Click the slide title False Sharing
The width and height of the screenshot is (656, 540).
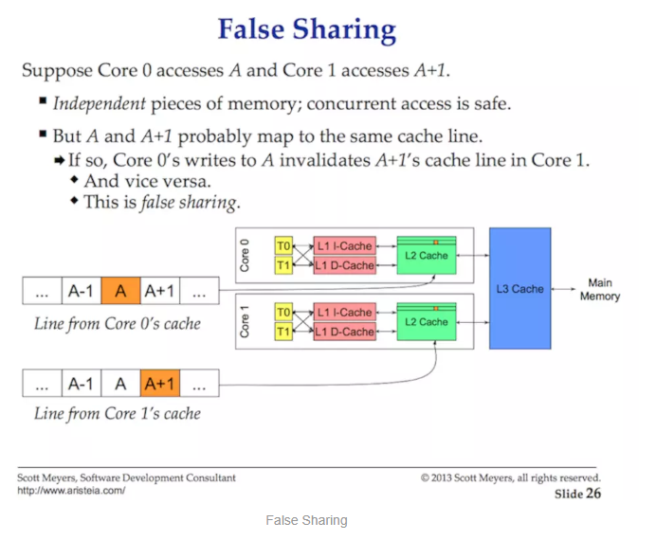click(306, 29)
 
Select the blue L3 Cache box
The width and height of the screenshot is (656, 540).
click(520, 288)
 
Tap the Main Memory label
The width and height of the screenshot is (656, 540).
click(599, 289)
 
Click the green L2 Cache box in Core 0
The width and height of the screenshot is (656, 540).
click(427, 257)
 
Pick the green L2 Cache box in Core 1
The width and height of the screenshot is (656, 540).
click(427, 322)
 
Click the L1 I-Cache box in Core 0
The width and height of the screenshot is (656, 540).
click(344, 246)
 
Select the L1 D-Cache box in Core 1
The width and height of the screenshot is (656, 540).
click(344, 332)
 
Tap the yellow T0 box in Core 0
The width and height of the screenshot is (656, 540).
click(283, 246)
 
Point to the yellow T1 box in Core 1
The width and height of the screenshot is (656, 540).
click(283, 332)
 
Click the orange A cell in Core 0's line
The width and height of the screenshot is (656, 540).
click(120, 291)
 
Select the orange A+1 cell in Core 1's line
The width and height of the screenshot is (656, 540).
click(159, 383)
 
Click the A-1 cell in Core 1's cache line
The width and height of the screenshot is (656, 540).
click(81, 383)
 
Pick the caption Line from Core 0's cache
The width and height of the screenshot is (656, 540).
click(117, 324)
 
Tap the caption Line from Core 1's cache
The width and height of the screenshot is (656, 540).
click(117, 413)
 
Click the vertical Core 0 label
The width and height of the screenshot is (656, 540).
click(245, 257)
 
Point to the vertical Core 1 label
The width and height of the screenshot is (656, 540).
click(245, 322)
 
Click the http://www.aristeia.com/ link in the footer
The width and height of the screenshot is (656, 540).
click(71, 491)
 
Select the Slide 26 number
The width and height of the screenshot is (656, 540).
click(577, 494)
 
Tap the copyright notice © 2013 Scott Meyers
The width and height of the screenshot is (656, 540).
click(510, 477)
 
